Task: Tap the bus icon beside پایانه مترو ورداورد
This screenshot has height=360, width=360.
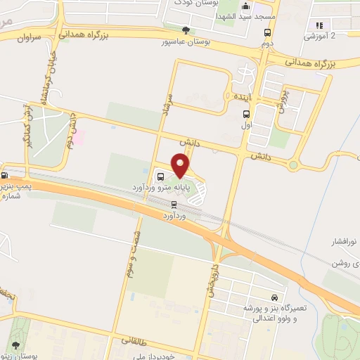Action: [161, 176]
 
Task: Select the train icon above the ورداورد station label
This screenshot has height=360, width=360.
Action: [174, 205]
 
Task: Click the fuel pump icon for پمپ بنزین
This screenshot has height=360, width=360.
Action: [5, 176]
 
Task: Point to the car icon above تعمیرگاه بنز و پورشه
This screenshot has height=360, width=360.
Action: [274, 297]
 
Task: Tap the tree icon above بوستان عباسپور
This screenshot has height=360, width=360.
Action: [186, 30]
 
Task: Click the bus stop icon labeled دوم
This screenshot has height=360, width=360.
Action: [268, 32]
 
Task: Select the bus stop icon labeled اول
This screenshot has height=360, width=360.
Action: [246, 114]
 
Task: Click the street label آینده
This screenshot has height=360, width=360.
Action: [242, 95]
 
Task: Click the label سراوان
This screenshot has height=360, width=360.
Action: [28, 36]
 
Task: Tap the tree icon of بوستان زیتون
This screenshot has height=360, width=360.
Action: [15, 345]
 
